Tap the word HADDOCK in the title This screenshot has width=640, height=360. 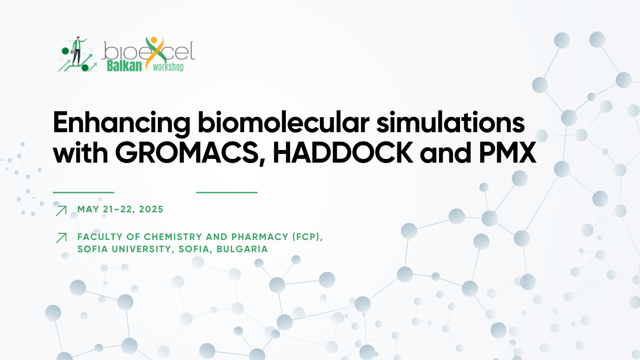click(343, 153)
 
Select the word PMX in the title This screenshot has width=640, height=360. click(507, 153)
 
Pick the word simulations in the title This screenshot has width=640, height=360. click(451, 122)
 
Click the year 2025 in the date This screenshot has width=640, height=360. click(151, 210)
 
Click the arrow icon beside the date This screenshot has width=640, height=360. click(61, 210)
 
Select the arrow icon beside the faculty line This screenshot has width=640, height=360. click(61, 238)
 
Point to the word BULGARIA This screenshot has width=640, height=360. click(242, 249)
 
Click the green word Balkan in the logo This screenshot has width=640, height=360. click(124, 66)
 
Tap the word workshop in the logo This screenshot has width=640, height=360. click(168, 67)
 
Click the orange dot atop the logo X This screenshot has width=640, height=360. click(154, 40)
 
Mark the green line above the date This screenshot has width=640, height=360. click(84, 193)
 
